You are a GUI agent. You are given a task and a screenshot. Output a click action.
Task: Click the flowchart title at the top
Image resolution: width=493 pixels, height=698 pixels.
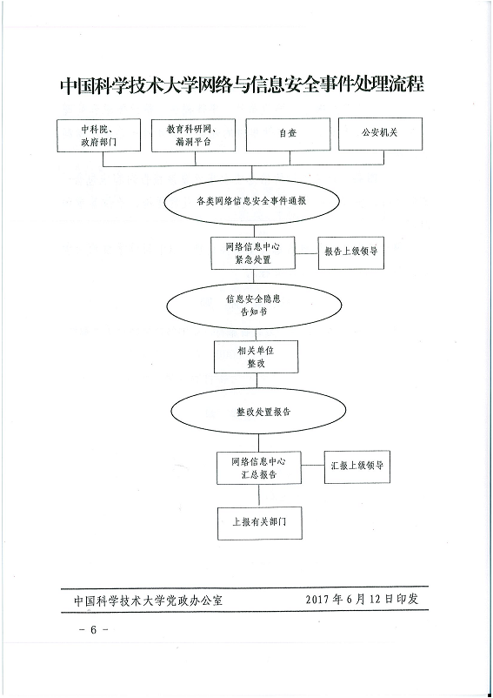[x=242, y=84]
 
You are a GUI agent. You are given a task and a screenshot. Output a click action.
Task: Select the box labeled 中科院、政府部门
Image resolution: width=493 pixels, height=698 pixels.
[x=99, y=135]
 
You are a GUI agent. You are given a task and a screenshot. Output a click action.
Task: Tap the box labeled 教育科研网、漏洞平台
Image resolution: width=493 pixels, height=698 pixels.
[x=193, y=135]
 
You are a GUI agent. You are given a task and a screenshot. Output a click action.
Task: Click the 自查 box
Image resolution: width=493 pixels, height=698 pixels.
[x=288, y=134]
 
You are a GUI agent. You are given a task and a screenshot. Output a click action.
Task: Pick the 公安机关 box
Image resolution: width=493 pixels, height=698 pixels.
[x=380, y=134]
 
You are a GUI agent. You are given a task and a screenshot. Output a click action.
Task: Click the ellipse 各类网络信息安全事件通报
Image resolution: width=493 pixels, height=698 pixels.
[x=251, y=201]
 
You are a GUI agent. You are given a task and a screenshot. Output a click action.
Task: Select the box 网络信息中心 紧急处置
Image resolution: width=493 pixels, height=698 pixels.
[x=253, y=253]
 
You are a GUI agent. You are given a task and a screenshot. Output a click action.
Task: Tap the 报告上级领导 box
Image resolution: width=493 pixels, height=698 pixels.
[x=350, y=252]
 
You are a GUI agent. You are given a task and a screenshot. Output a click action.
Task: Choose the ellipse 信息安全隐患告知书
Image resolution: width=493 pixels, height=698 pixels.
[x=254, y=305]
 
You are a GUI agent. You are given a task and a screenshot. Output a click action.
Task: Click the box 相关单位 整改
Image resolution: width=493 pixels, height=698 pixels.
[x=256, y=357]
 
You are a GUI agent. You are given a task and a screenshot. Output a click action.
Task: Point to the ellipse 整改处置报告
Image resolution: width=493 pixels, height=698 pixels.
[x=258, y=412]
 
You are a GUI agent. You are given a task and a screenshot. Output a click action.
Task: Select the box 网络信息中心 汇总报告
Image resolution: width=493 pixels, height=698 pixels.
[x=259, y=468]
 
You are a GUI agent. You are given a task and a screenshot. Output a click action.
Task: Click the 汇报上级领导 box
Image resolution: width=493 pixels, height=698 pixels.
[x=357, y=466]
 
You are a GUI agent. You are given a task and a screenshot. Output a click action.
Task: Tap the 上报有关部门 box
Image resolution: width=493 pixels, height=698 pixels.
[x=260, y=523]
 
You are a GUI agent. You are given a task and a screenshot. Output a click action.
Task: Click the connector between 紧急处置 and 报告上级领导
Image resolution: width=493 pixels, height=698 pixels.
[x=307, y=254]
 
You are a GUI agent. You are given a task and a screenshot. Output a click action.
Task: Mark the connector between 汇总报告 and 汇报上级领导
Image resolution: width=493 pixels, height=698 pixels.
[x=312, y=466]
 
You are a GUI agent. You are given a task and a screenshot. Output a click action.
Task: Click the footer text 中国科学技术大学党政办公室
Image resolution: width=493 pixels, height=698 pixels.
[x=148, y=601]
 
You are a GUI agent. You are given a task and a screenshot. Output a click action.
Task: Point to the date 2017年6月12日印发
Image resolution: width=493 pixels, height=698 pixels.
[x=362, y=599]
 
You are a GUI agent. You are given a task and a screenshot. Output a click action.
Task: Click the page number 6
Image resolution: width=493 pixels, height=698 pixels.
[x=93, y=630]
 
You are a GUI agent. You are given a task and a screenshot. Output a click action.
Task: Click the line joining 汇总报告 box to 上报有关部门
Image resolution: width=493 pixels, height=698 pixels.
[x=259, y=495]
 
